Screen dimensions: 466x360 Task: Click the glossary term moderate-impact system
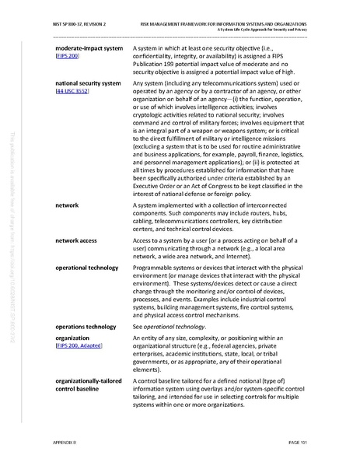point(89,48)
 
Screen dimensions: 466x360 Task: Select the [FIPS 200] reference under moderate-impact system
point(68,57)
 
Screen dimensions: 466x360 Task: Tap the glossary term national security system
point(88,82)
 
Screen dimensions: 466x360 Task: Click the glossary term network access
point(75,240)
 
